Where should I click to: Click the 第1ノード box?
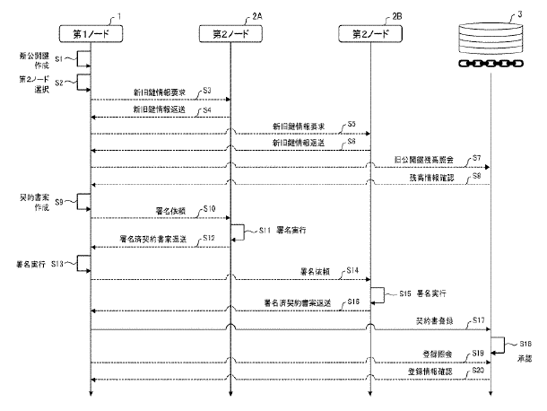coord(91,34)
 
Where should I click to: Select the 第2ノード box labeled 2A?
coord(230,34)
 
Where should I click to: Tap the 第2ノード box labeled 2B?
coord(371,34)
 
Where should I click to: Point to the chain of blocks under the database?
coord(490,65)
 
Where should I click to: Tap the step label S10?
coord(209,208)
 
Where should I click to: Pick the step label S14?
coord(351,270)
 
